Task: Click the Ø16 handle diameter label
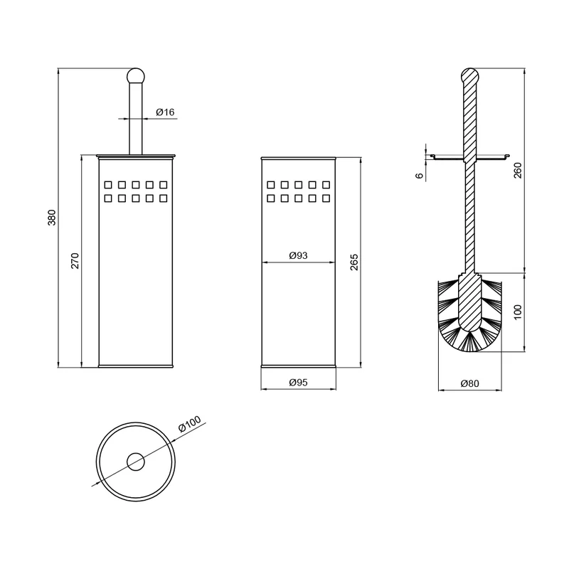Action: (165, 112)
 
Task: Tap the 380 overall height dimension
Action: (52, 218)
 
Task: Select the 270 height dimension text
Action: (75, 260)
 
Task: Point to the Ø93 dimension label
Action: (298, 255)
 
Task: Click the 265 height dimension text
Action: (354, 262)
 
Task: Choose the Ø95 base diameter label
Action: (298, 382)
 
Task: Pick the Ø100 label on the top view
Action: (190, 424)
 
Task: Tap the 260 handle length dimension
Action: (518, 170)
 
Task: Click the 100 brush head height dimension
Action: (518, 312)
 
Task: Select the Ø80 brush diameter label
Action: (469, 383)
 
